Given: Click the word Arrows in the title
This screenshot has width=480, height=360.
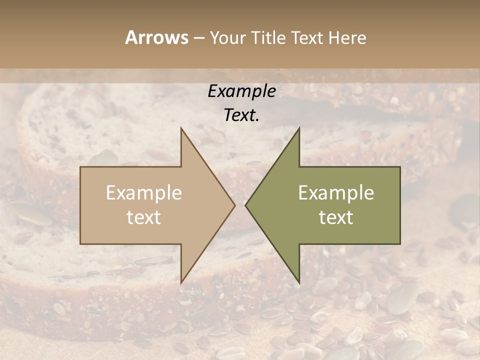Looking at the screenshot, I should (x=156, y=37).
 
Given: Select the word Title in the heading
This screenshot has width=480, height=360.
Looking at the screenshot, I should (x=267, y=37).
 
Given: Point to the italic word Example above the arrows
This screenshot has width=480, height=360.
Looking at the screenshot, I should (x=241, y=91).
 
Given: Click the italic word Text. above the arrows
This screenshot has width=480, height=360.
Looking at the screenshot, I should (x=241, y=115).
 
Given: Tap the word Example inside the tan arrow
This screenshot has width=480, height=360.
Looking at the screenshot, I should (x=144, y=193).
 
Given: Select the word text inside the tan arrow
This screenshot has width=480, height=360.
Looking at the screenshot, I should (x=144, y=217).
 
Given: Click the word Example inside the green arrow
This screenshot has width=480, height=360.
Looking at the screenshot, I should (x=336, y=193).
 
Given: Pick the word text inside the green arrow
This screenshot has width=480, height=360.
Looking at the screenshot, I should (x=336, y=217).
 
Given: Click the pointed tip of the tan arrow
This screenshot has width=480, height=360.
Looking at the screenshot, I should (x=235, y=205).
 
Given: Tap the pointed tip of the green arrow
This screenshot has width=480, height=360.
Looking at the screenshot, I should (x=245, y=205).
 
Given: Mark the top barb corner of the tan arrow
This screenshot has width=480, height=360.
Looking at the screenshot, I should (x=181, y=127).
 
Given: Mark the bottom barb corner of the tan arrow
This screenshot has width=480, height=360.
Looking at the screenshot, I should (x=181, y=283).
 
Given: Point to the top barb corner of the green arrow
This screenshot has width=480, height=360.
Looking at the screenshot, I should (x=299, y=127).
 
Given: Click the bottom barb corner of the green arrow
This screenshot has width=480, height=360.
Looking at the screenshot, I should (x=299, y=283).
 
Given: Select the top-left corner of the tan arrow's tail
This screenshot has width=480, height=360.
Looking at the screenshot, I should (x=80, y=167).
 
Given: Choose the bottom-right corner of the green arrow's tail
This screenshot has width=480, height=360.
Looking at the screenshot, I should (x=400, y=244).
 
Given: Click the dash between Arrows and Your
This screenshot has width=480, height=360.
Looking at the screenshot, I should (x=198, y=38).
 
